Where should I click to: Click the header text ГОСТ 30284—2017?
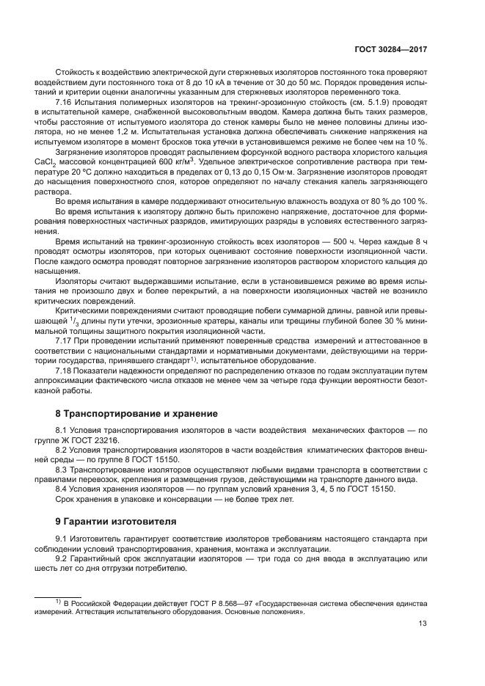click(393, 48)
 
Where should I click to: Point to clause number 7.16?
click(66, 103)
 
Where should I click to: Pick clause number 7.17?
click(66, 341)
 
